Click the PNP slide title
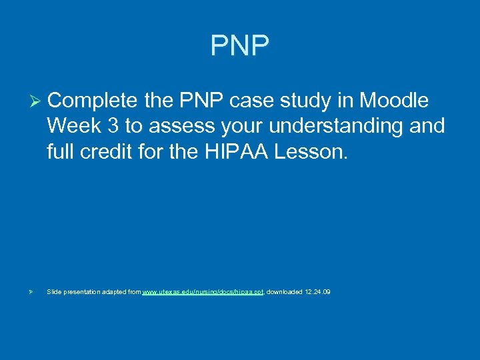240,46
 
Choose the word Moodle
394,101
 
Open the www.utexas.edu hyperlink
203,292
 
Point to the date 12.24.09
317,292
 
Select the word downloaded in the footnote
284,292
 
